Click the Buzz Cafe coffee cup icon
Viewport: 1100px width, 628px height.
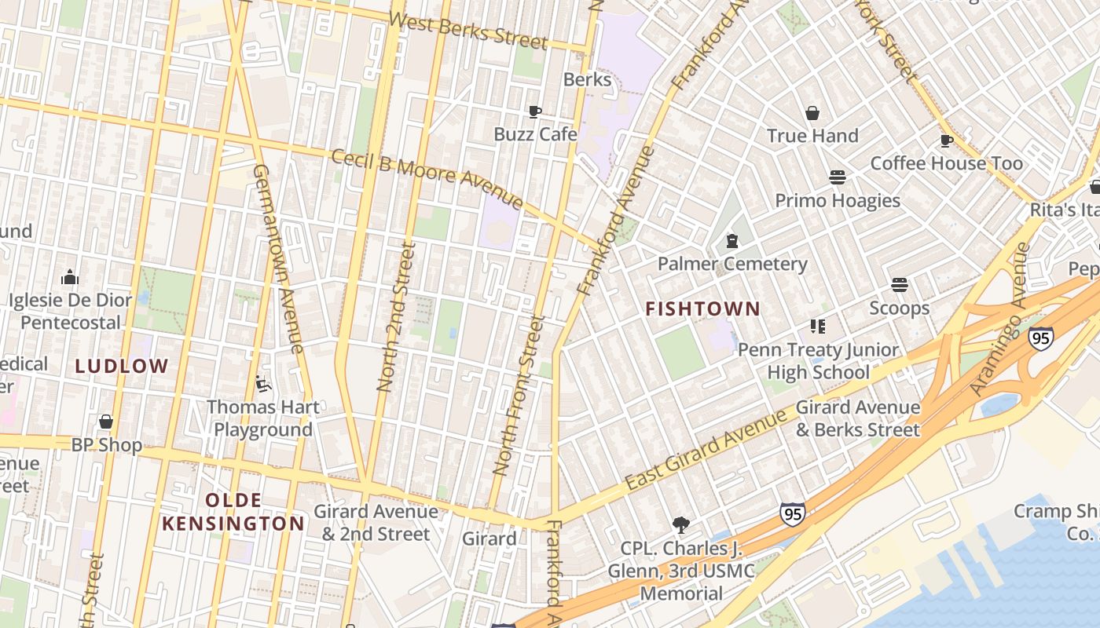(534, 111)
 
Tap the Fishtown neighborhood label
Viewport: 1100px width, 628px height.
(702, 309)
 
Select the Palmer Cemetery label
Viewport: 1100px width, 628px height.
(731, 264)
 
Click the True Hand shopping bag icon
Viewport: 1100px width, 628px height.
(812, 113)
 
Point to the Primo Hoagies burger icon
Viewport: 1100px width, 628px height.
(838, 177)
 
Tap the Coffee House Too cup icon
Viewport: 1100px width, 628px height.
(947, 141)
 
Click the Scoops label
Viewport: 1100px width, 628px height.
(899, 308)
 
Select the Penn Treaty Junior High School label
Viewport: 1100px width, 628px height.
(818, 361)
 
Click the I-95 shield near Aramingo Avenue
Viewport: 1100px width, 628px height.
(1040, 338)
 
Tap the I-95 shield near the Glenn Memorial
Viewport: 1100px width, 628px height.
(792, 514)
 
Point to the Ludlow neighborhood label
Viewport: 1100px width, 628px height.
(122, 365)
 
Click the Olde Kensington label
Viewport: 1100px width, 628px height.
(233, 512)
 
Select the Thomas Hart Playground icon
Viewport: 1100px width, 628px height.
(262, 384)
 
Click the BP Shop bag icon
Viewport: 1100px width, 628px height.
(106, 422)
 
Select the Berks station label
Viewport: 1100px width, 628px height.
(587, 79)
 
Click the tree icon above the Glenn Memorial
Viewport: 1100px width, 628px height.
(681, 524)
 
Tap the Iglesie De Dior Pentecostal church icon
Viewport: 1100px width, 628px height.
(70, 277)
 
